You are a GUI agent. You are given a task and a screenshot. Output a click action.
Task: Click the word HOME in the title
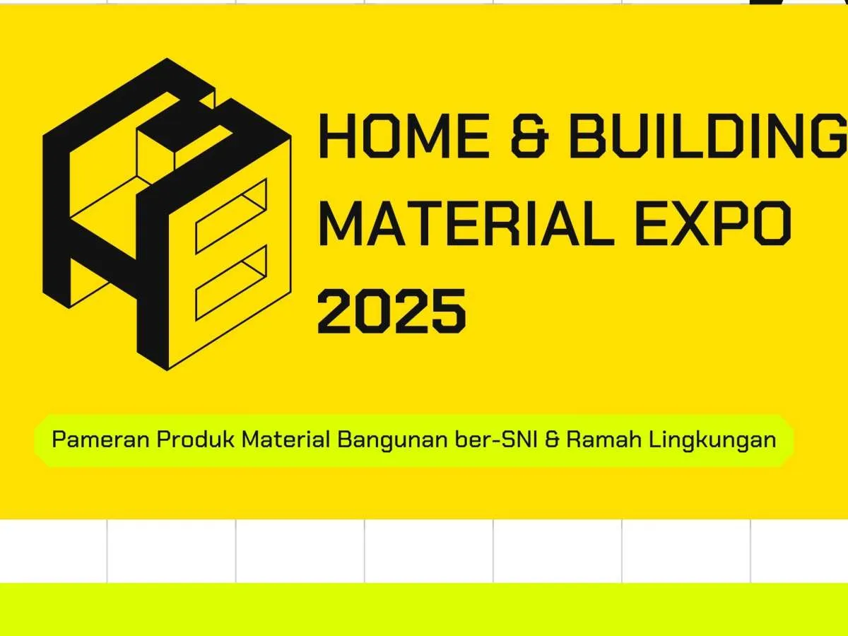point(404,136)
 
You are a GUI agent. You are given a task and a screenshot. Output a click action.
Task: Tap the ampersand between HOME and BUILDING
point(530,136)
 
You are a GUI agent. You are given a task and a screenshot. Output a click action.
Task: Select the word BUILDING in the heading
point(709,136)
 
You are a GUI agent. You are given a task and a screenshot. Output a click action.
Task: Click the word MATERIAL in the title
point(466,223)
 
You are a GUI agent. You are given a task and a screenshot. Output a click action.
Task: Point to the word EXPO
point(714,223)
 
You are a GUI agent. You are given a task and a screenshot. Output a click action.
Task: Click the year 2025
point(391,311)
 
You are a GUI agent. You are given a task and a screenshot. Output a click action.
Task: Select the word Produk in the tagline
point(195,440)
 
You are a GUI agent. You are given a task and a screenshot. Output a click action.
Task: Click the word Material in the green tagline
point(285,440)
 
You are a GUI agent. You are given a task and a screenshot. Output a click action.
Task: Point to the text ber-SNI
point(497,440)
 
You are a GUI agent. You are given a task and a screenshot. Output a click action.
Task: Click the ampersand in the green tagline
point(553,440)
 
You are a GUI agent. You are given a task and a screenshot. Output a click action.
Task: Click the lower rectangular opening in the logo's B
point(231,283)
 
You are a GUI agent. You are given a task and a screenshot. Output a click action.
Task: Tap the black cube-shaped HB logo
point(167,214)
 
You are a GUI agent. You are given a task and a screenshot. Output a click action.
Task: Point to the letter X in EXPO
point(693,223)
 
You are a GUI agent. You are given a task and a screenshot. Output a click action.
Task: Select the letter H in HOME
point(336,136)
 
